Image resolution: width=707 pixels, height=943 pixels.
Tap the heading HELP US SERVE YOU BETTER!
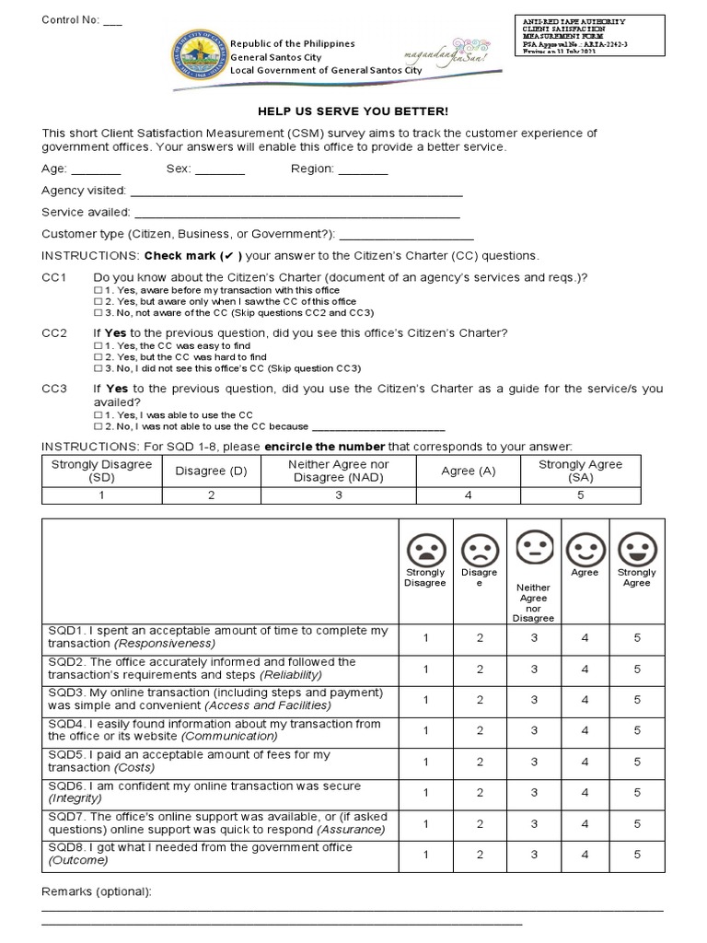353,111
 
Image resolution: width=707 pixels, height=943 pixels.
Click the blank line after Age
96,170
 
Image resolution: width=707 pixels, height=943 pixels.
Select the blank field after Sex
220,170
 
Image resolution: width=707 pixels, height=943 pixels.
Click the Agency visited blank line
296,192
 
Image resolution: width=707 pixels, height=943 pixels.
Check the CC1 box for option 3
98,313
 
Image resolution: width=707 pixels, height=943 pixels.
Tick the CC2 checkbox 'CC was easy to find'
98,345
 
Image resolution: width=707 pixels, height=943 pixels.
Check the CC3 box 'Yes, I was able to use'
98,415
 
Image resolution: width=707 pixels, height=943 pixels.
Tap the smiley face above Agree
584,550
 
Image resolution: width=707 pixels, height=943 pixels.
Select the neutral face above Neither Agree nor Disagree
533,546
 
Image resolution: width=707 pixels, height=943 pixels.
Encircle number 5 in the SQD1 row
637,637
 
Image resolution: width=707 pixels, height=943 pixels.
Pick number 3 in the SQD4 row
533,730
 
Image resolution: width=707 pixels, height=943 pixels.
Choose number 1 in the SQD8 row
425,855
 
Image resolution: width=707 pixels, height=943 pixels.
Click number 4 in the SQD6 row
585,792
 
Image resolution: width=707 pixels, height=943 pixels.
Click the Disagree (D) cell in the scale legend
211,471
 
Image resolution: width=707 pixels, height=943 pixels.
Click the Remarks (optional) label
97,891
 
